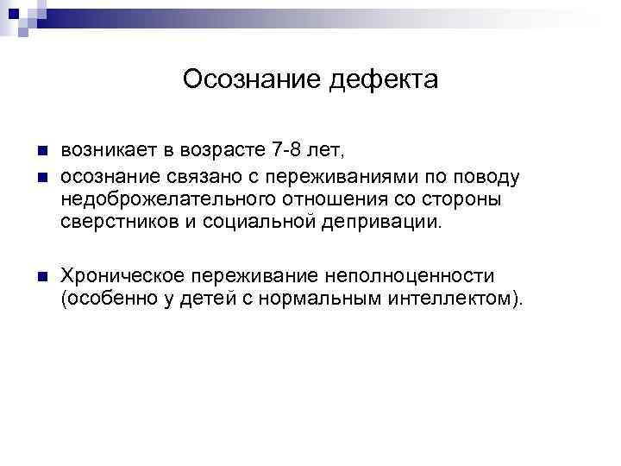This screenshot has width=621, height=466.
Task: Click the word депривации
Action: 376,223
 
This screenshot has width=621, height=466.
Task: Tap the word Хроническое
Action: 121,276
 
